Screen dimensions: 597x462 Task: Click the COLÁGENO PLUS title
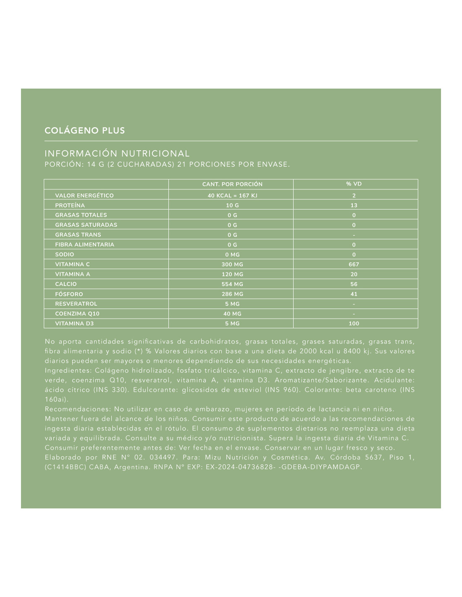coord(85,131)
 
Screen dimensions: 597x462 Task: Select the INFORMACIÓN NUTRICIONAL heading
coord(117,154)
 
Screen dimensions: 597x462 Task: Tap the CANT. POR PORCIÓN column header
coord(232,184)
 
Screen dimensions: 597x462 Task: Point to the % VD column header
coord(354,184)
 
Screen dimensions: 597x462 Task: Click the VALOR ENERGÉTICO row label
coord(84,196)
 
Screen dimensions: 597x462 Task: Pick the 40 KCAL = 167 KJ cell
coord(232,196)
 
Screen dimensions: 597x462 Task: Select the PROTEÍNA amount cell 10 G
coord(232,205)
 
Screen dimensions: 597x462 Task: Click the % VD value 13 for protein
coord(354,205)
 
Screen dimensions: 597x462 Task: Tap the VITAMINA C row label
coord(73,264)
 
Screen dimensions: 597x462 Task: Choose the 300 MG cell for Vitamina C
coord(232,264)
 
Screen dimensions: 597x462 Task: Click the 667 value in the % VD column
coord(354,264)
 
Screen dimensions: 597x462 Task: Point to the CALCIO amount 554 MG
coord(232,284)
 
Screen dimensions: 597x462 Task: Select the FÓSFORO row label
coord(69,294)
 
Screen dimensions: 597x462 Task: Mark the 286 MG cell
coord(232,294)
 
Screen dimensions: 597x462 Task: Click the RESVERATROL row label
coord(76,304)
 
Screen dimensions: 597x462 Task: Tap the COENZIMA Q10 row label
coord(77,314)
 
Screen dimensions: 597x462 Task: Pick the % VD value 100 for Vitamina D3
coord(354,324)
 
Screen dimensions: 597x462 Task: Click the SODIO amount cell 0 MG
coord(232,254)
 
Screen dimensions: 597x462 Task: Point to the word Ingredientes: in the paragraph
coord(68,371)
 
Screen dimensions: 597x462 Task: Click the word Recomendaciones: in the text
coord(77,409)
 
